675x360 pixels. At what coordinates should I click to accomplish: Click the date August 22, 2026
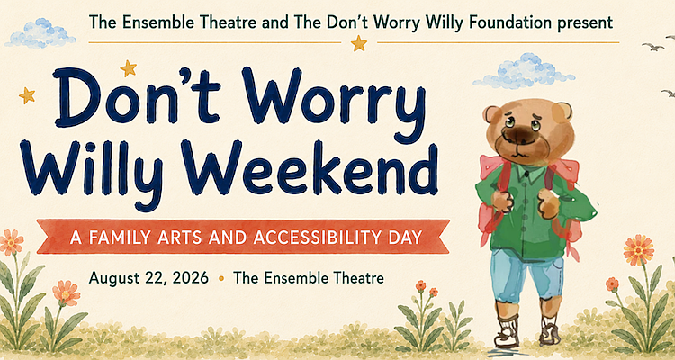pyautogui.click(x=148, y=278)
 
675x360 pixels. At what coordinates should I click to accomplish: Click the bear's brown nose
pyautogui.click(x=517, y=136)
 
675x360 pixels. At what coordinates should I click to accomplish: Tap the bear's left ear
pyautogui.click(x=491, y=114)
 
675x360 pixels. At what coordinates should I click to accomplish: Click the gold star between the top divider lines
pyautogui.click(x=358, y=43)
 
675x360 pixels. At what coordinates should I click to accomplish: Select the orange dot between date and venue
pyautogui.click(x=221, y=279)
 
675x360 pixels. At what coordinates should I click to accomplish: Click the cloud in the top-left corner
pyautogui.click(x=40, y=33)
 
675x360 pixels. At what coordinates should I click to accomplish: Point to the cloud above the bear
pyautogui.click(x=523, y=71)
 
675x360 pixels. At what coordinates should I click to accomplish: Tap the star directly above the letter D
pyautogui.click(x=129, y=68)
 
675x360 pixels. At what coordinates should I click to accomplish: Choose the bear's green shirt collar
pyautogui.click(x=529, y=173)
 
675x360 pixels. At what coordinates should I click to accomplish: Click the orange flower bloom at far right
pyautogui.click(x=638, y=250)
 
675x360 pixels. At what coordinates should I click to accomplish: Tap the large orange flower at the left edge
pyautogui.click(x=10, y=242)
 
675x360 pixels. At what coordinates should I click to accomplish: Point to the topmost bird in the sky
pyautogui.click(x=653, y=47)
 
